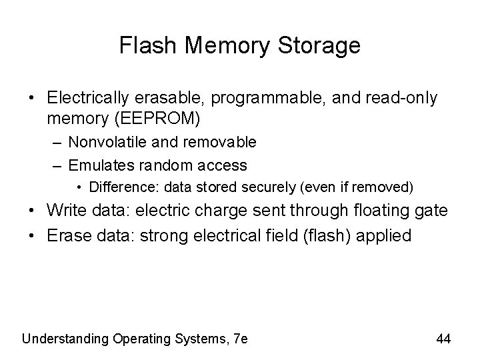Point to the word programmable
coord(256,98)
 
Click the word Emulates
coord(97,164)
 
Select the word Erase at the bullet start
coord(67,235)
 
